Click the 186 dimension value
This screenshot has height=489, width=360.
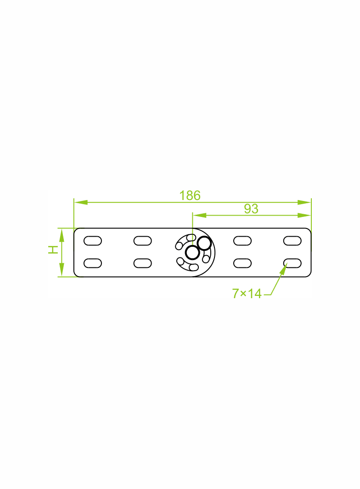190,195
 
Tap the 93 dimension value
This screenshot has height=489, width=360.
251,209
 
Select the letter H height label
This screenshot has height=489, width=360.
53,250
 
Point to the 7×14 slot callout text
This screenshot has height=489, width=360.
247,294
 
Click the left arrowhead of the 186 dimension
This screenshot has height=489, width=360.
81,202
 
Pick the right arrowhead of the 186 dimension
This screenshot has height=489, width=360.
304,202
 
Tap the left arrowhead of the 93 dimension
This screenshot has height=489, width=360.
199,215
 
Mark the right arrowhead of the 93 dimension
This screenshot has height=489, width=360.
304,215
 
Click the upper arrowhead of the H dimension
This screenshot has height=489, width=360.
62,235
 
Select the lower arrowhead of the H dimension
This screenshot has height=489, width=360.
62,270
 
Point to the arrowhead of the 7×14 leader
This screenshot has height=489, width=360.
283,269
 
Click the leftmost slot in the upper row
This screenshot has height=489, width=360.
93,241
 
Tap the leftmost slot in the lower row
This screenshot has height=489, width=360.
93,263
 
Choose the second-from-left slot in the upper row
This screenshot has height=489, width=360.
143,241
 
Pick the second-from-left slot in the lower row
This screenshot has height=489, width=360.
143,263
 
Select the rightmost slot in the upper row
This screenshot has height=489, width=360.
292,241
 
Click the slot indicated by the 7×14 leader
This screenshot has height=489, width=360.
292,263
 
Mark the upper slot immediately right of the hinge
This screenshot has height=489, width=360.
242,241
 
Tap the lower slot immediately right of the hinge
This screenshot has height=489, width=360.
242,263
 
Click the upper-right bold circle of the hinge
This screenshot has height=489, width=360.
204,243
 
